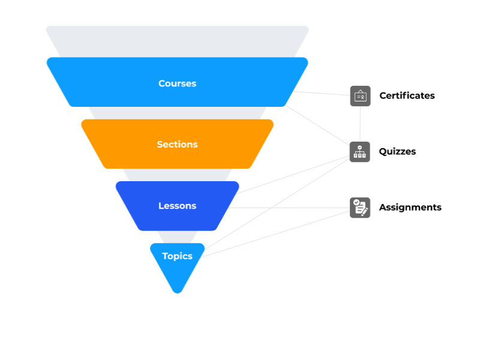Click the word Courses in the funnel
point(177,83)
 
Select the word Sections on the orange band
point(177,145)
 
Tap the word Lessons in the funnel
point(177,206)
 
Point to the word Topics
point(177,256)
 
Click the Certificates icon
point(360,96)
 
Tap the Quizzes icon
point(360,152)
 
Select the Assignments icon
point(360,208)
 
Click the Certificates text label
point(407,95)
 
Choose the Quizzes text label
point(397,151)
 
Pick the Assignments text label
point(410,207)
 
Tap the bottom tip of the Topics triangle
point(178,290)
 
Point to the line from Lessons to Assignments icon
point(288,208)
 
